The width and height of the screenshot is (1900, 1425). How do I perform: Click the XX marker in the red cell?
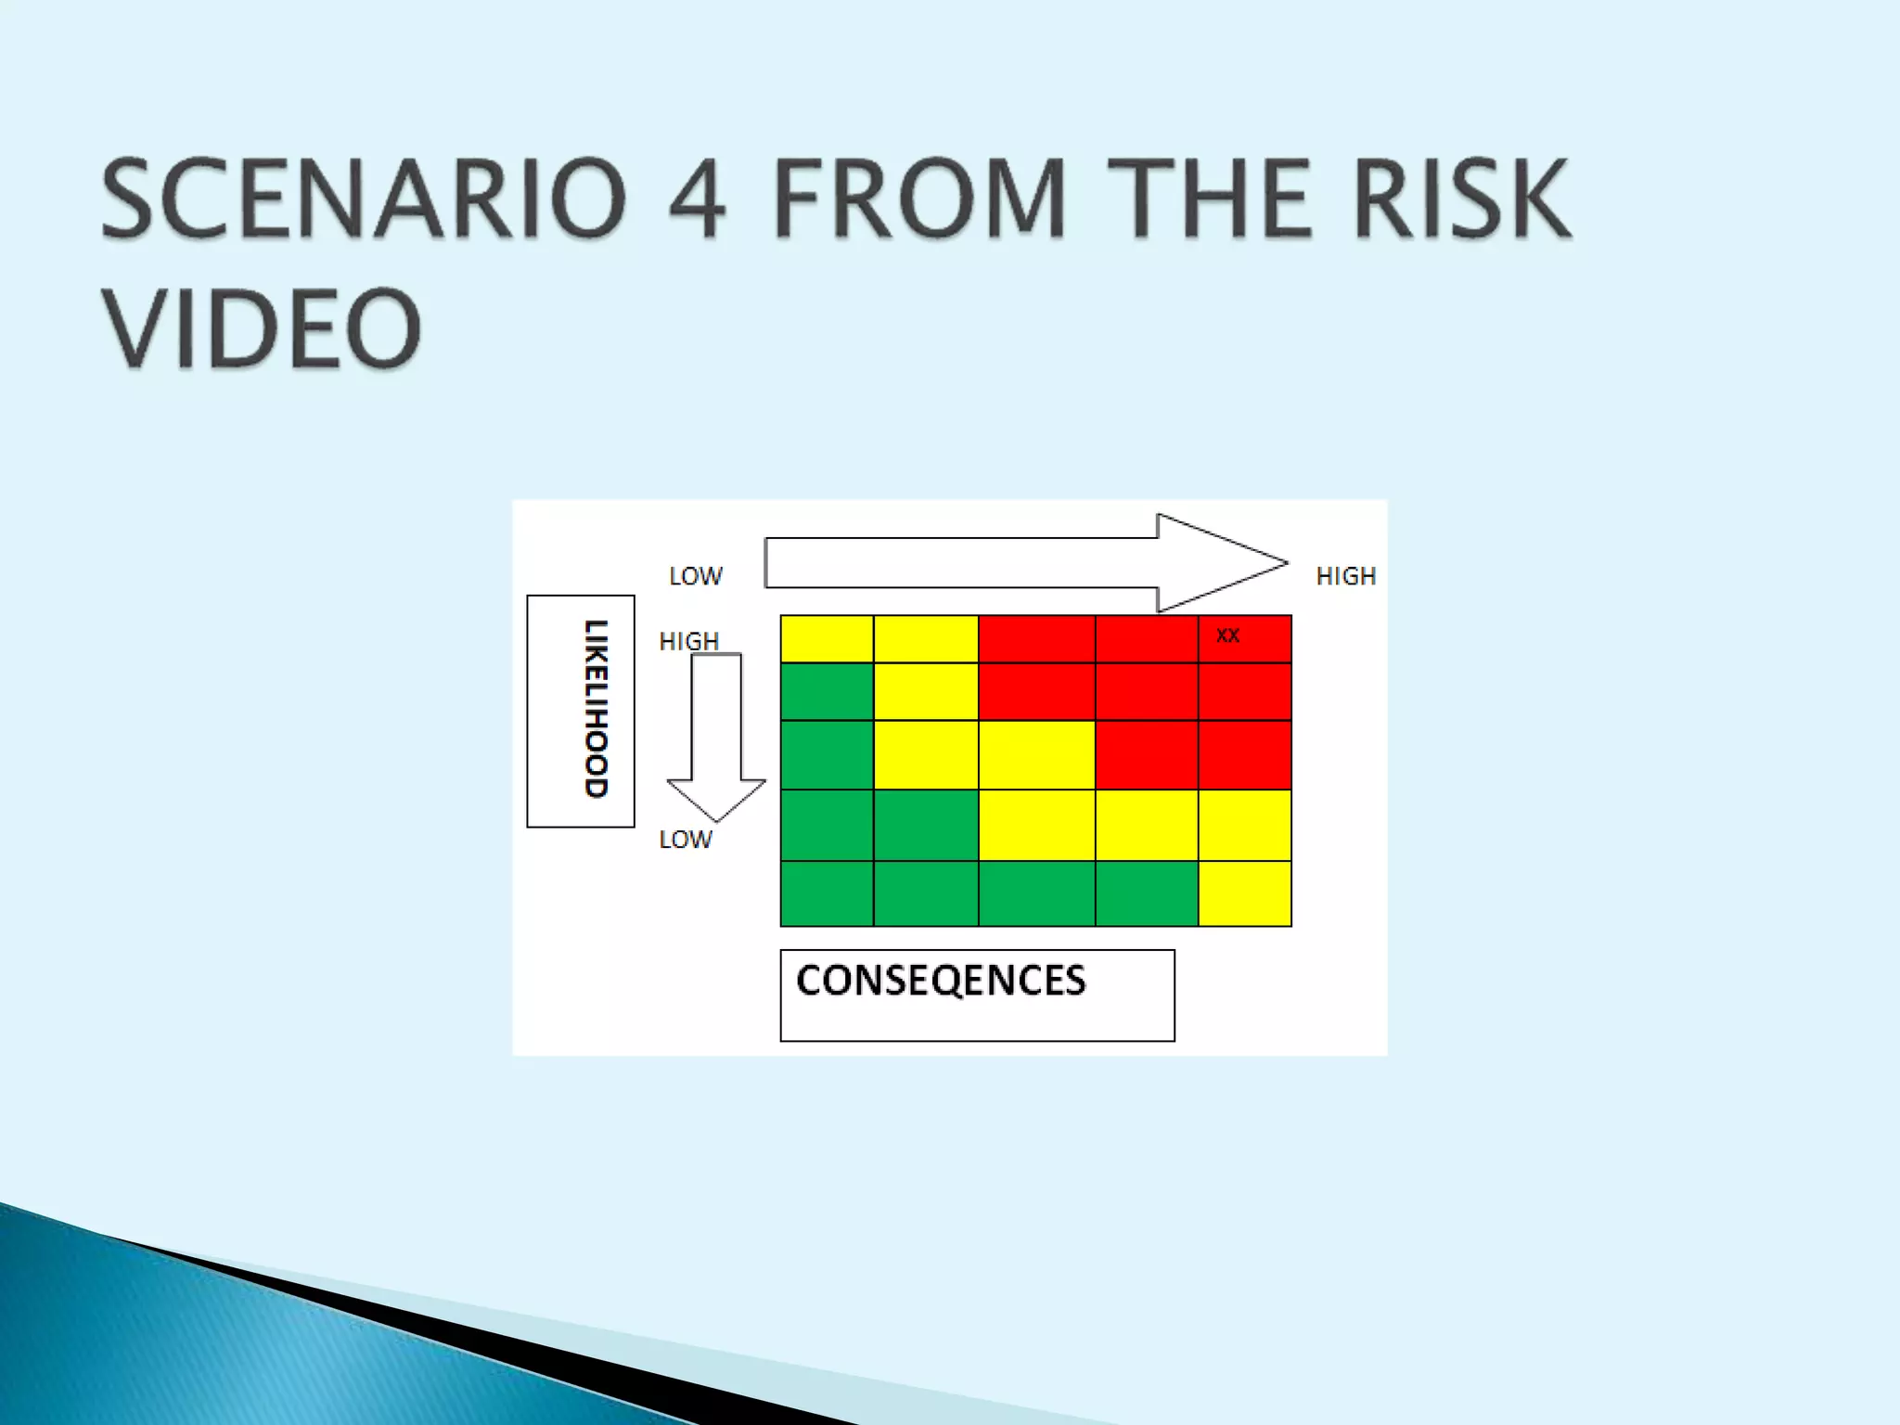tap(1227, 635)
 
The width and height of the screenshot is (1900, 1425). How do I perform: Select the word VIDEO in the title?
tap(262, 327)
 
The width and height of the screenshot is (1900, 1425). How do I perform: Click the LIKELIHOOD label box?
tap(582, 711)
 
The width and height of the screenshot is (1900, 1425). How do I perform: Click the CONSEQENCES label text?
tap(941, 981)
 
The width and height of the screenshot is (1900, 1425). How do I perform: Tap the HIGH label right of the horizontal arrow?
tap(1345, 576)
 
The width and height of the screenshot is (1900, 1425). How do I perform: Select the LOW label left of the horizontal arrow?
tap(696, 576)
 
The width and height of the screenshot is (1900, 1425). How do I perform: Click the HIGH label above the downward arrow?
tap(688, 641)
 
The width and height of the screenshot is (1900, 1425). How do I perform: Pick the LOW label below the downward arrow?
tap(686, 840)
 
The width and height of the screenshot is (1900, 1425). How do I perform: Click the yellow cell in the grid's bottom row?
tap(1244, 893)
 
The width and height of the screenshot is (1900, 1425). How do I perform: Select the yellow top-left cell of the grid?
tap(827, 638)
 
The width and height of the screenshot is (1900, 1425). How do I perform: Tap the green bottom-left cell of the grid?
tap(827, 893)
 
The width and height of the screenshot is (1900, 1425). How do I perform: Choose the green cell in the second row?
tap(827, 691)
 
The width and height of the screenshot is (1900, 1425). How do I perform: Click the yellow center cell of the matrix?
tap(1036, 754)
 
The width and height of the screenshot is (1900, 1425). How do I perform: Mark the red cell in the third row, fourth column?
tap(1146, 754)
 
